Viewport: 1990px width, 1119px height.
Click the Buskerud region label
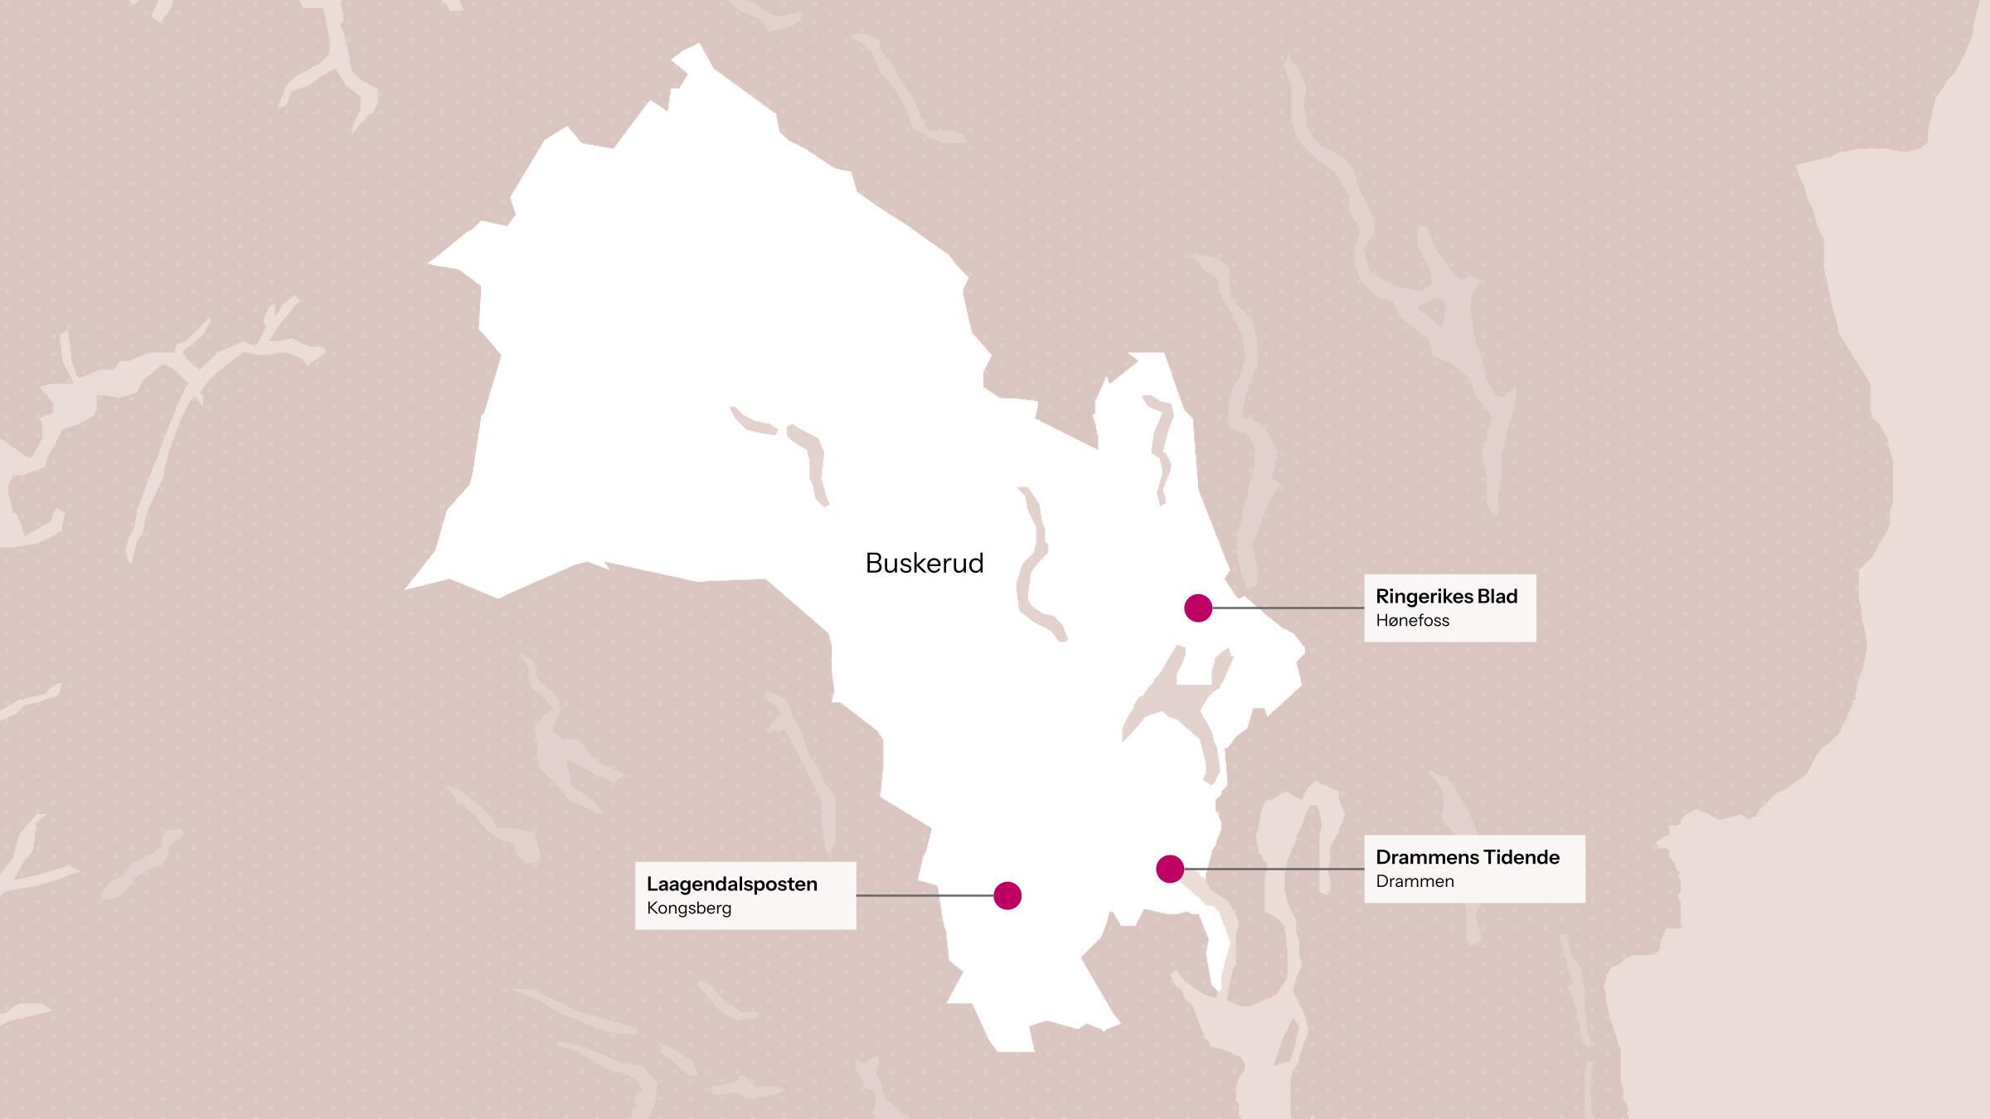924,564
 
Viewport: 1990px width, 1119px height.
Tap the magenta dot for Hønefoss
1197,608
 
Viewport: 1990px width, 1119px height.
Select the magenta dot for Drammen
1169,869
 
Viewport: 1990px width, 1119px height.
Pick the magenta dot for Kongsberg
1007,895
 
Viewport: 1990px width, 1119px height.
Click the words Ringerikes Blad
1446,596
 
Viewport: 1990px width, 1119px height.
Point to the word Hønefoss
1412,620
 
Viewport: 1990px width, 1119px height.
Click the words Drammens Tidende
1467,857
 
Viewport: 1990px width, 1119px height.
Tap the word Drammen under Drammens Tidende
1415,881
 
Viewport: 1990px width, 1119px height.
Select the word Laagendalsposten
731,884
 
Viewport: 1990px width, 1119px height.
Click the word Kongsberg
688,908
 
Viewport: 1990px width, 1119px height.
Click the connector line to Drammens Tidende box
1274,869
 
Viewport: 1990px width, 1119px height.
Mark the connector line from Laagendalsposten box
925,895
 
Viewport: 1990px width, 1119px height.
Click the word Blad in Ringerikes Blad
1497,596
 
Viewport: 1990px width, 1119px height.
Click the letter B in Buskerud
873,564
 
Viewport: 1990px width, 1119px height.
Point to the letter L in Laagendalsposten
652,884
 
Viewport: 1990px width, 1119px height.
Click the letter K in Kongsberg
652,908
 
